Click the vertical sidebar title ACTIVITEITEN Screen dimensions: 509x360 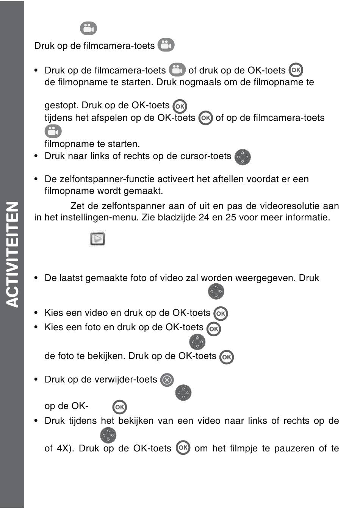pyautogui.click(x=13, y=254)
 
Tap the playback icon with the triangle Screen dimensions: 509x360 pyautogui.click(x=97, y=239)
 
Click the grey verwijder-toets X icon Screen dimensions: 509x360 pyautogui.click(x=167, y=380)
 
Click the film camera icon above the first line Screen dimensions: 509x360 pyautogui.click(x=88, y=28)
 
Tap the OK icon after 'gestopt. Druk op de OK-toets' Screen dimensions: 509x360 pyautogui.click(x=180, y=106)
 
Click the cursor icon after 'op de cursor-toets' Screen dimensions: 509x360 pyautogui.click(x=243, y=157)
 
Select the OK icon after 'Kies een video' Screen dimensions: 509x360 pyautogui.click(x=221, y=314)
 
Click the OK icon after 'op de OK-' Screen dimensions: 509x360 pyautogui.click(x=120, y=407)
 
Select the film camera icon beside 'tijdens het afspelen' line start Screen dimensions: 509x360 pyautogui.click(x=53, y=131)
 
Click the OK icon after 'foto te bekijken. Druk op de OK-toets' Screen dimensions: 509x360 pyautogui.click(x=227, y=357)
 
